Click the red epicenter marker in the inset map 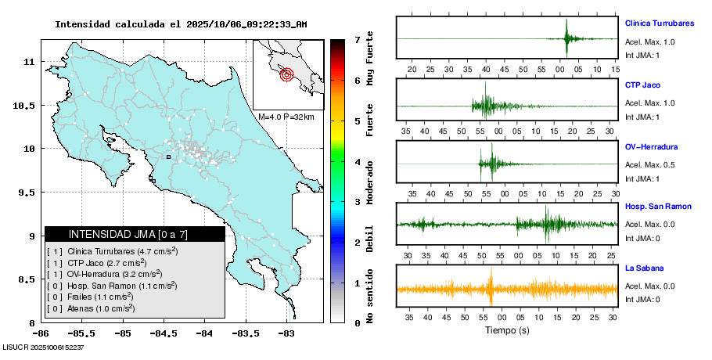point(286,75)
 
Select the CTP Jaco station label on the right point(644,85)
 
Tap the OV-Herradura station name point(651,146)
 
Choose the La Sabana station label point(644,268)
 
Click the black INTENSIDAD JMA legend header point(135,234)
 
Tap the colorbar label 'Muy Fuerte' point(370,59)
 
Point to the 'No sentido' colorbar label point(370,296)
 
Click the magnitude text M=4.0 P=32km point(286,117)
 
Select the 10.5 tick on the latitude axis point(26,106)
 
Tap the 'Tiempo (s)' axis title point(506,330)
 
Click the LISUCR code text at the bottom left point(44,347)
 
